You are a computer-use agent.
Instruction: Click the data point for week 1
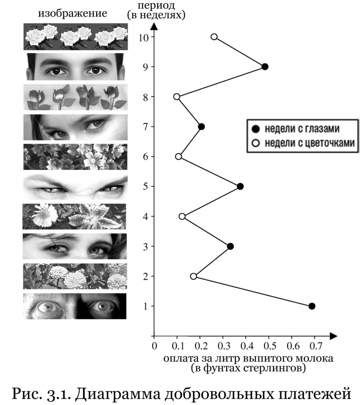312,306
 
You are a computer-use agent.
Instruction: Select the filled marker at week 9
265,67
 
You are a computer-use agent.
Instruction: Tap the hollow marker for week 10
214,37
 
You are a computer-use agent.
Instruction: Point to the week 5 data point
240,186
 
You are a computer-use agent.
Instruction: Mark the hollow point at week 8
177,97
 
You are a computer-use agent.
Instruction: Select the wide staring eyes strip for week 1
75,306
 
